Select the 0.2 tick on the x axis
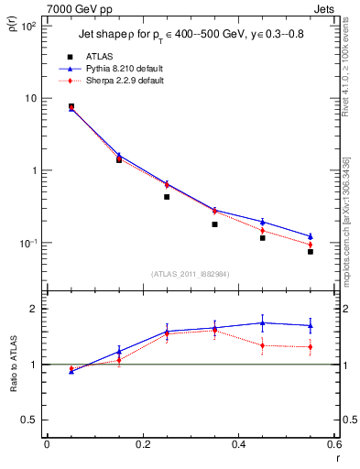143,444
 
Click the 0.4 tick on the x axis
239,444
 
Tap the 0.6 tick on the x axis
334,444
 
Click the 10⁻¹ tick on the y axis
28,243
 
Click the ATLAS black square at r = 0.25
167,197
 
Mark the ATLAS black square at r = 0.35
214,224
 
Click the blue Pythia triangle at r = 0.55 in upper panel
311,236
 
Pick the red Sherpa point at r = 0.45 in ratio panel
263,345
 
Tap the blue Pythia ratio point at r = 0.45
263,322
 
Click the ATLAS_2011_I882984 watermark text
191,274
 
